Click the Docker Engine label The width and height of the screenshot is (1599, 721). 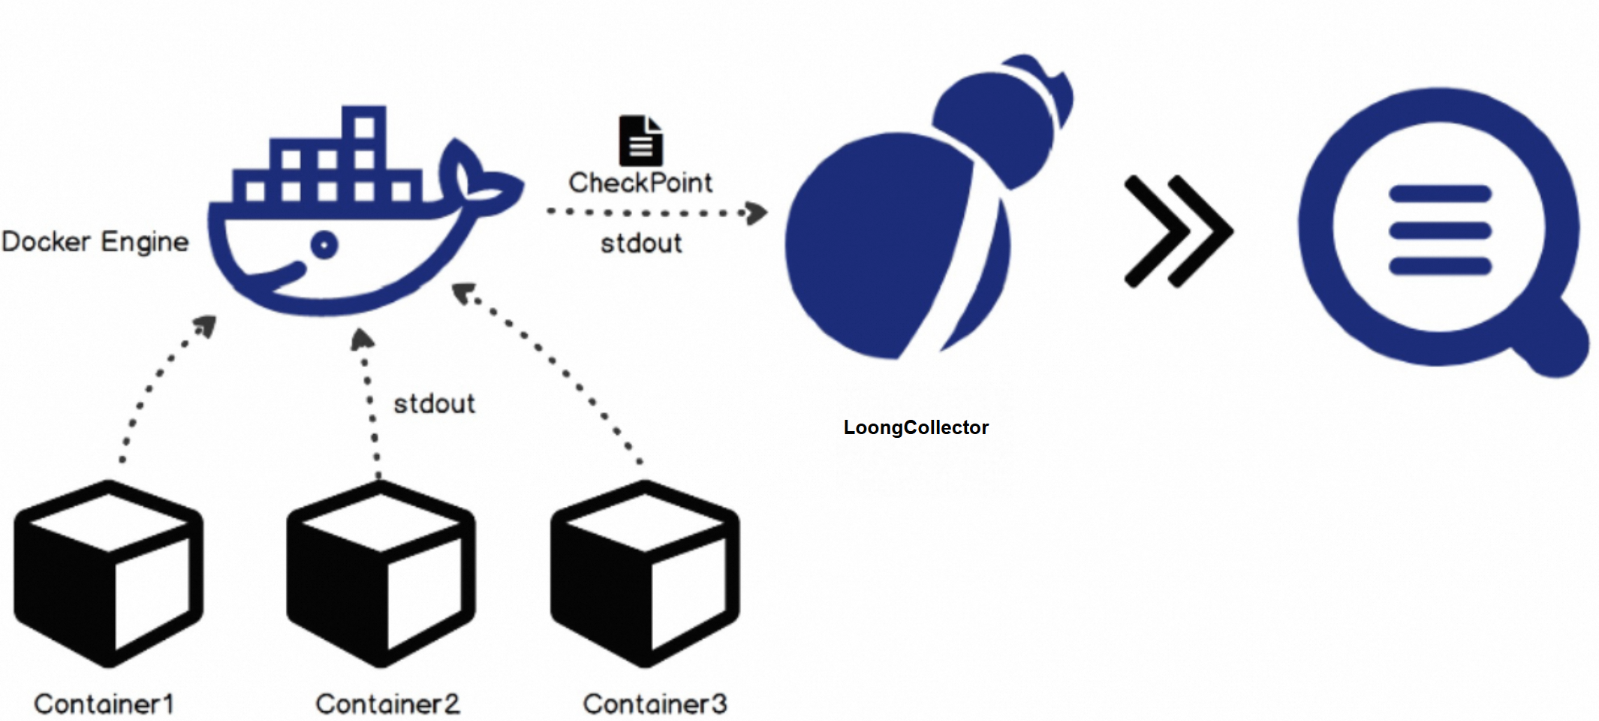coord(95,242)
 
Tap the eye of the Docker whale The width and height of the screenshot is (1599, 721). coord(324,245)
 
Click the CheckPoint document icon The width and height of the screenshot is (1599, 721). coord(640,140)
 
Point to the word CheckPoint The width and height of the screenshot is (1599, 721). coord(640,183)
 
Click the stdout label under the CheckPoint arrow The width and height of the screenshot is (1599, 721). coord(641,243)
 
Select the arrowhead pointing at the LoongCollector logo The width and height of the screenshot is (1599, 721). coord(757,213)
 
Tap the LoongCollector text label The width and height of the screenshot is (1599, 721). coord(916,427)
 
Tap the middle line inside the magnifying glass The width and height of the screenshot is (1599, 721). coord(1439,230)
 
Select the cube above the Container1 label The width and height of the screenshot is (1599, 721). coord(109,575)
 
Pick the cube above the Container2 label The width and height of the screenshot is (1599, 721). coord(381,575)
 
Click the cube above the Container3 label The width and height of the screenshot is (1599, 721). coord(645,575)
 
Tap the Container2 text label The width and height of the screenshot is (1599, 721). coord(387,704)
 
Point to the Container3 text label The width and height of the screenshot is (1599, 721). coord(655,704)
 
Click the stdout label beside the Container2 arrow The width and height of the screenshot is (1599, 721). coord(434,404)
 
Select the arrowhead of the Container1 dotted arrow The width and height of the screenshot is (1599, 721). coord(206,326)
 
